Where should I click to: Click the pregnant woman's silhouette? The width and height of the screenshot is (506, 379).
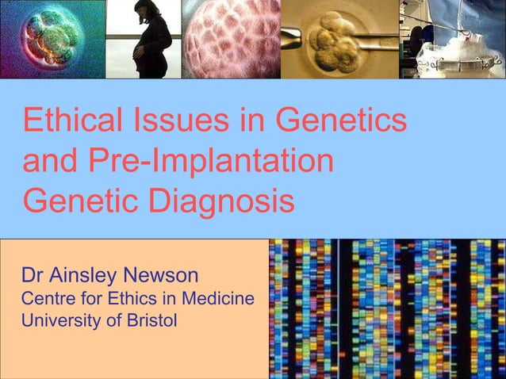(x=151, y=44)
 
